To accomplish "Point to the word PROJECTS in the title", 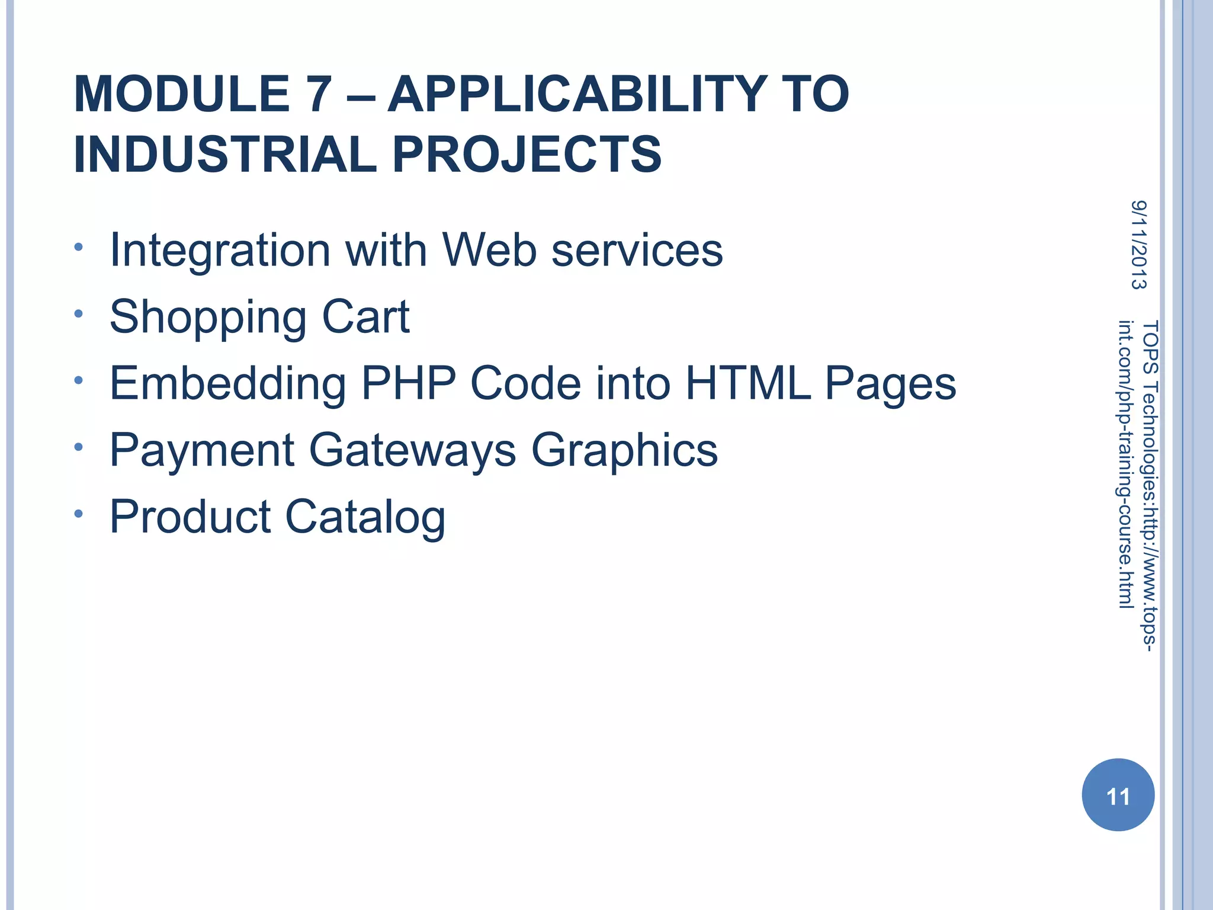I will [527, 155].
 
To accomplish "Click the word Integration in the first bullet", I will [220, 251].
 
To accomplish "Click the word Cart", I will [365, 316].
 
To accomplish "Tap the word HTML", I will [748, 383].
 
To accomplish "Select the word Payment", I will [202, 450].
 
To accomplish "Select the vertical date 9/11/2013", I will [1138, 245].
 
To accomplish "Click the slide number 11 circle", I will [1118, 795].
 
